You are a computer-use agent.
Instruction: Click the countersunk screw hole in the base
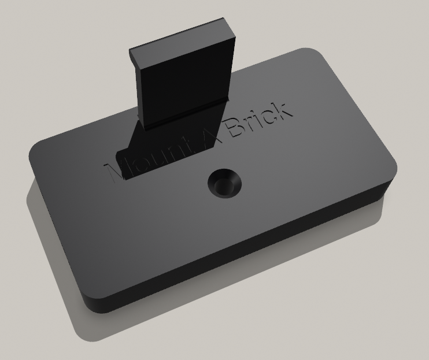pyautogui.click(x=224, y=184)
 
